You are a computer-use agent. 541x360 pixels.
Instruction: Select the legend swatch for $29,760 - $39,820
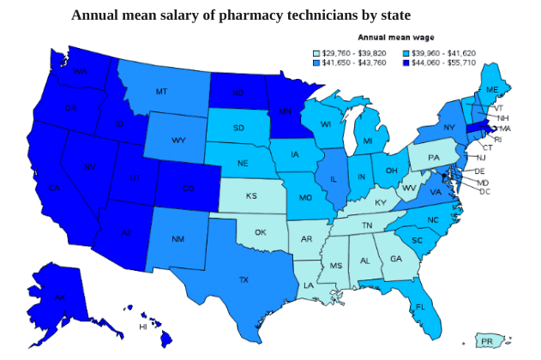(x=316, y=53)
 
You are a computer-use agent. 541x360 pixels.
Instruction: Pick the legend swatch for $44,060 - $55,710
(x=406, y=63)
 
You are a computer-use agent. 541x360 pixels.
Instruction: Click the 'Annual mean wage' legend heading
(x=395, y=38)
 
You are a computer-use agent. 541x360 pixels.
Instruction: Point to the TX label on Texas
(x=243, y=279)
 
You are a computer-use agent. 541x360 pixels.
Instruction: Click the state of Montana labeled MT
(x=161, y=91)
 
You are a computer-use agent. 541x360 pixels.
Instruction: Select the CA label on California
(x=54, y=188)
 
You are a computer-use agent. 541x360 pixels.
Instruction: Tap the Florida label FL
(x=420, y=306)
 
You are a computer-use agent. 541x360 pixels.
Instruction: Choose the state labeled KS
(x=251, y=196)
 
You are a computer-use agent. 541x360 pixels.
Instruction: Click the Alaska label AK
(x=59, y=297)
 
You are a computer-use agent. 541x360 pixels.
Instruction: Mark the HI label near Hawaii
(x=143, y=327)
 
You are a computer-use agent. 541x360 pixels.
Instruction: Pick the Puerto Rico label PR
(x=487, y=342)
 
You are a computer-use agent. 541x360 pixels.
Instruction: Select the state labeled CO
(x=187, y=188)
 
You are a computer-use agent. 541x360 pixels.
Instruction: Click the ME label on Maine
(x=492, y=90)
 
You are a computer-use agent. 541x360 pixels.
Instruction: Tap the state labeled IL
(x=333, y=180)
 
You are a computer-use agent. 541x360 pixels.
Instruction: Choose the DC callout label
(x=484, y=191)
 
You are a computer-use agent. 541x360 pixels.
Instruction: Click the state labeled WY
(x=178, y=141)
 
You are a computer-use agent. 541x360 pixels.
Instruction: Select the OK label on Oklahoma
(x=261, y=232)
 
